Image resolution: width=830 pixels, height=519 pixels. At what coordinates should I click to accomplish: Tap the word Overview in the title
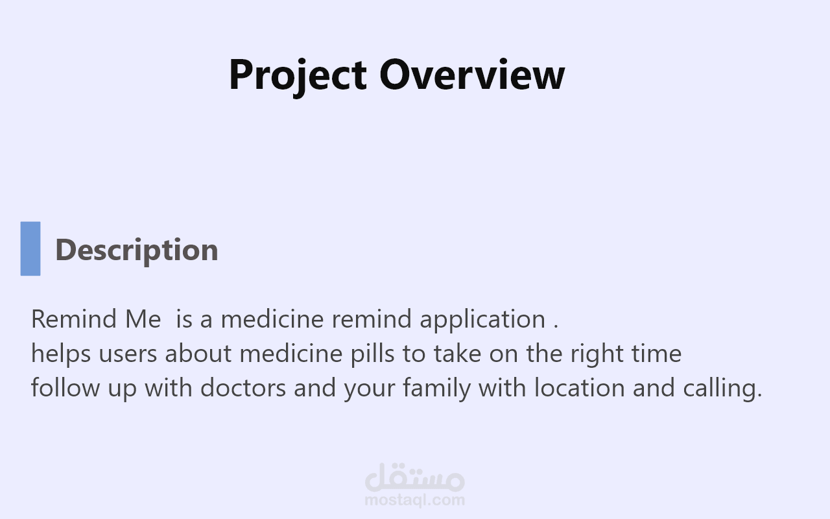tap(472, 74)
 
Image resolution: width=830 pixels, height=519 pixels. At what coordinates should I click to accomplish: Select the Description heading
tap(137, 250)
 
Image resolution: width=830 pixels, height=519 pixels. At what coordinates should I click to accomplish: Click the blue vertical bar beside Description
tap(30, 248)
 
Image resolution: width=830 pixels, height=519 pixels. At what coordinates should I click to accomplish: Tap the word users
tap(128, 355)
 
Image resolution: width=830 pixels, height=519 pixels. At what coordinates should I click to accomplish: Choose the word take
tap(457, 354)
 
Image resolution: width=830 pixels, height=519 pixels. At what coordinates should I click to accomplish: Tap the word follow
tap(65, 387)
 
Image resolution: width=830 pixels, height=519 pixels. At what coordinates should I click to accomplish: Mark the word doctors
tap(243, 387)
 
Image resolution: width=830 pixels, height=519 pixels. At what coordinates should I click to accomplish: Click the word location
tap(580, 387)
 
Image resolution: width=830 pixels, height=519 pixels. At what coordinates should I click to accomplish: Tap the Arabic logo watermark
tap(414, 477)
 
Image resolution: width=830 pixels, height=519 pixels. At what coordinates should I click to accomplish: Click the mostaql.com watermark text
tap(414, 500)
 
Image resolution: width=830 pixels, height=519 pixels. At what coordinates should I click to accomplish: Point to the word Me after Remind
tap(143, 319)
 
